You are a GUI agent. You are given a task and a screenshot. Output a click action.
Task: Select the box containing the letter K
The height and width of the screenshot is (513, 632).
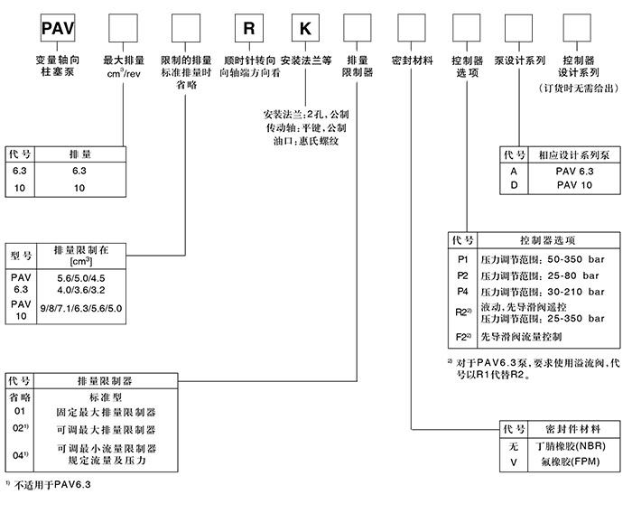pos(304,27)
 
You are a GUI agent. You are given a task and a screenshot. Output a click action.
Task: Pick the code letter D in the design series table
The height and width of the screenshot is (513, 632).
pos(514,185)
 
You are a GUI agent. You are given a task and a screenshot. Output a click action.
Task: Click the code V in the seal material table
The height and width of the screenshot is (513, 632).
pos(514,461)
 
